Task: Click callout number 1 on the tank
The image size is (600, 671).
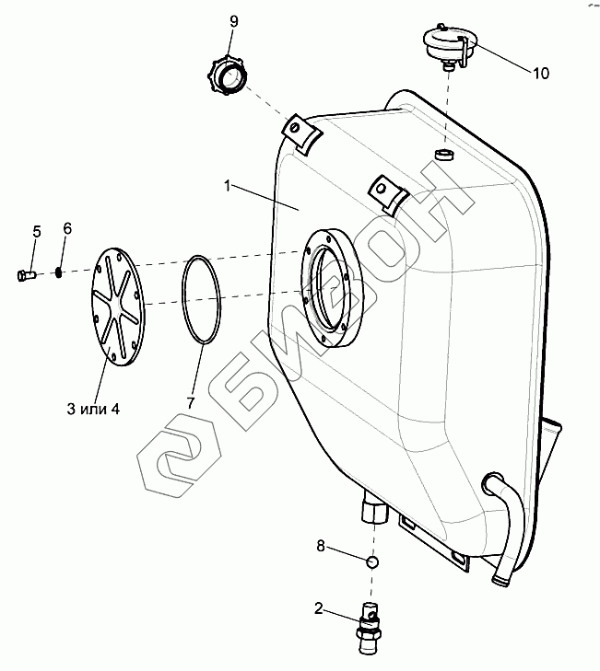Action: (226, 185)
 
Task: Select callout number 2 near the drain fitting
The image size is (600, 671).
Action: (319, 608)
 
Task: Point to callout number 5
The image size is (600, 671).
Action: (36, 231)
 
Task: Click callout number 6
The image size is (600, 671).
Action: (66, 228)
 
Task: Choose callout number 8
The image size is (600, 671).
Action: (321, 546)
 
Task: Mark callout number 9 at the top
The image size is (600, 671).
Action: (233, 21)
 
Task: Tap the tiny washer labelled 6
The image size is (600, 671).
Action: (59, 271)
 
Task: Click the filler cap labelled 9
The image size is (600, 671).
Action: (226, 75)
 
